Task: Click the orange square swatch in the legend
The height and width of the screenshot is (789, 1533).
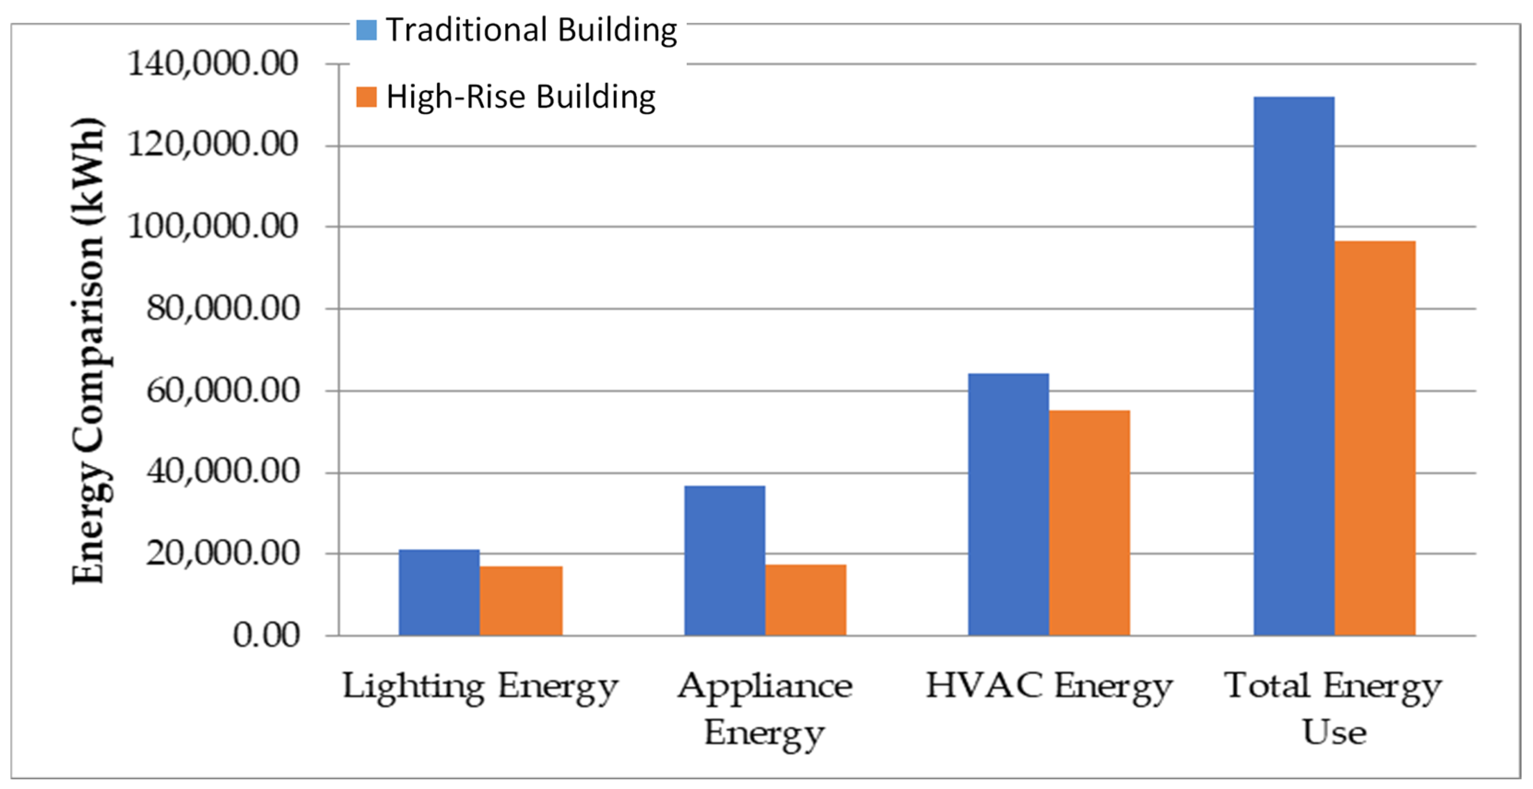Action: [x=366, y=97]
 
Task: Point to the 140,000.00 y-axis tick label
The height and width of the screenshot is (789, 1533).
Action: [x=212, y=63]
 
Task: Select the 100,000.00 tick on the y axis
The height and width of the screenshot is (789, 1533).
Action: [x=212, y=226]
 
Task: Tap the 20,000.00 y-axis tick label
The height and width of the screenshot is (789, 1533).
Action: [x=222, y=553]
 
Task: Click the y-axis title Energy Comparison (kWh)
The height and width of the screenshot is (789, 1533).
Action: [x=88, y=351]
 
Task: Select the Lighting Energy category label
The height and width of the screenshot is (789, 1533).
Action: [x=480, y=687]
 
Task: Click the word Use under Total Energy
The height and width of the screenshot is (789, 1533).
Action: [x=1334, y=732]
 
